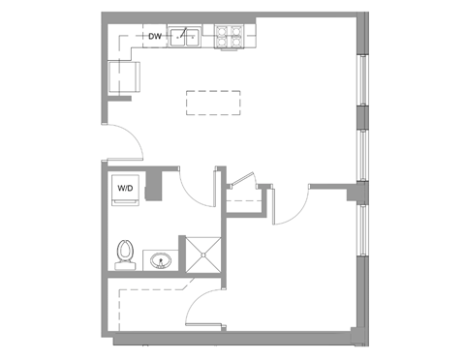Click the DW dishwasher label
point(154,37)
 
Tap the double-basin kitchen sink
point(184,38)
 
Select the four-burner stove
point(229,36)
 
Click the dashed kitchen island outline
point(213,102)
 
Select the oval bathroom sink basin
point(161,260)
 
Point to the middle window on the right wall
point(363,155)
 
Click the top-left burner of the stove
point(222,30)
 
